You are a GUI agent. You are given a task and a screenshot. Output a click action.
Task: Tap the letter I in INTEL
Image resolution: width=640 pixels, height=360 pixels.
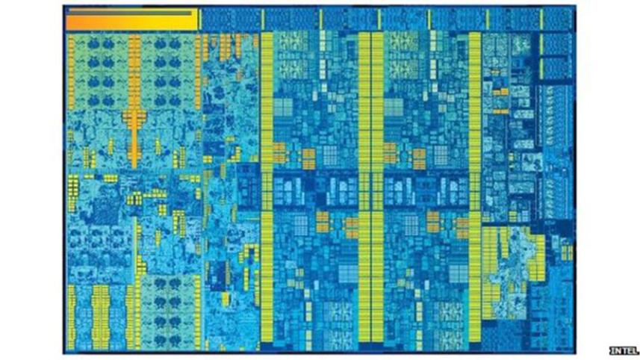[x=612, y=349]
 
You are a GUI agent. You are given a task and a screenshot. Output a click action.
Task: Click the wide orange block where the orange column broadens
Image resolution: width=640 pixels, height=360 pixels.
[x=135, y=117]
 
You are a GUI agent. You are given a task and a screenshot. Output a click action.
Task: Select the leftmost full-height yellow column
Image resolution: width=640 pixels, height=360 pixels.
[x=265, y=187]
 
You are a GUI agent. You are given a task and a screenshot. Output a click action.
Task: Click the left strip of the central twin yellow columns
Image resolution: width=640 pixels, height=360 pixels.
[x=364, y=187]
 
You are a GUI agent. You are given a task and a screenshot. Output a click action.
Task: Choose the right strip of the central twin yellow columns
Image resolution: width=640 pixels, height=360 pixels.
[x=376, y=187]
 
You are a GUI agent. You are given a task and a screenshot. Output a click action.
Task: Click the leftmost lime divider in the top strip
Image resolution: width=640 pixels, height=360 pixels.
[x=262, y=19]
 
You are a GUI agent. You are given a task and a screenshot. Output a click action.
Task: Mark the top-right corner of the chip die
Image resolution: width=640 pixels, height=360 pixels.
[x=574, y=7]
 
